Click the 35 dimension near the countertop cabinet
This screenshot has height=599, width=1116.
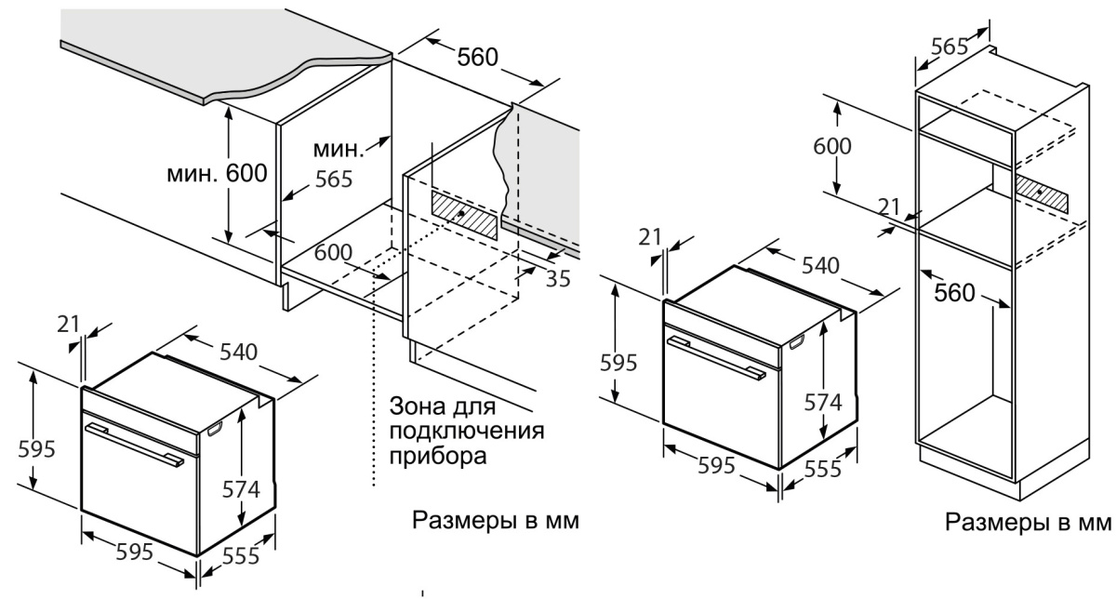(x=558, y=277)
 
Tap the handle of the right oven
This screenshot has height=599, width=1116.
(x=715, y=359)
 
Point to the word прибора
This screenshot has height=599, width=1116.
(x=438, y=457)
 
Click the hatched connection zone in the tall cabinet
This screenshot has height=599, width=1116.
(x=1042, y=193)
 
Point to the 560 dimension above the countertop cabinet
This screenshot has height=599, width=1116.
(x=477, y=58)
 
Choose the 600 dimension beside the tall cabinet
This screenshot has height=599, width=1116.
(x=832, y=147)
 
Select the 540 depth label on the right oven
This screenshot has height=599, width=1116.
(x=820, y=266)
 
